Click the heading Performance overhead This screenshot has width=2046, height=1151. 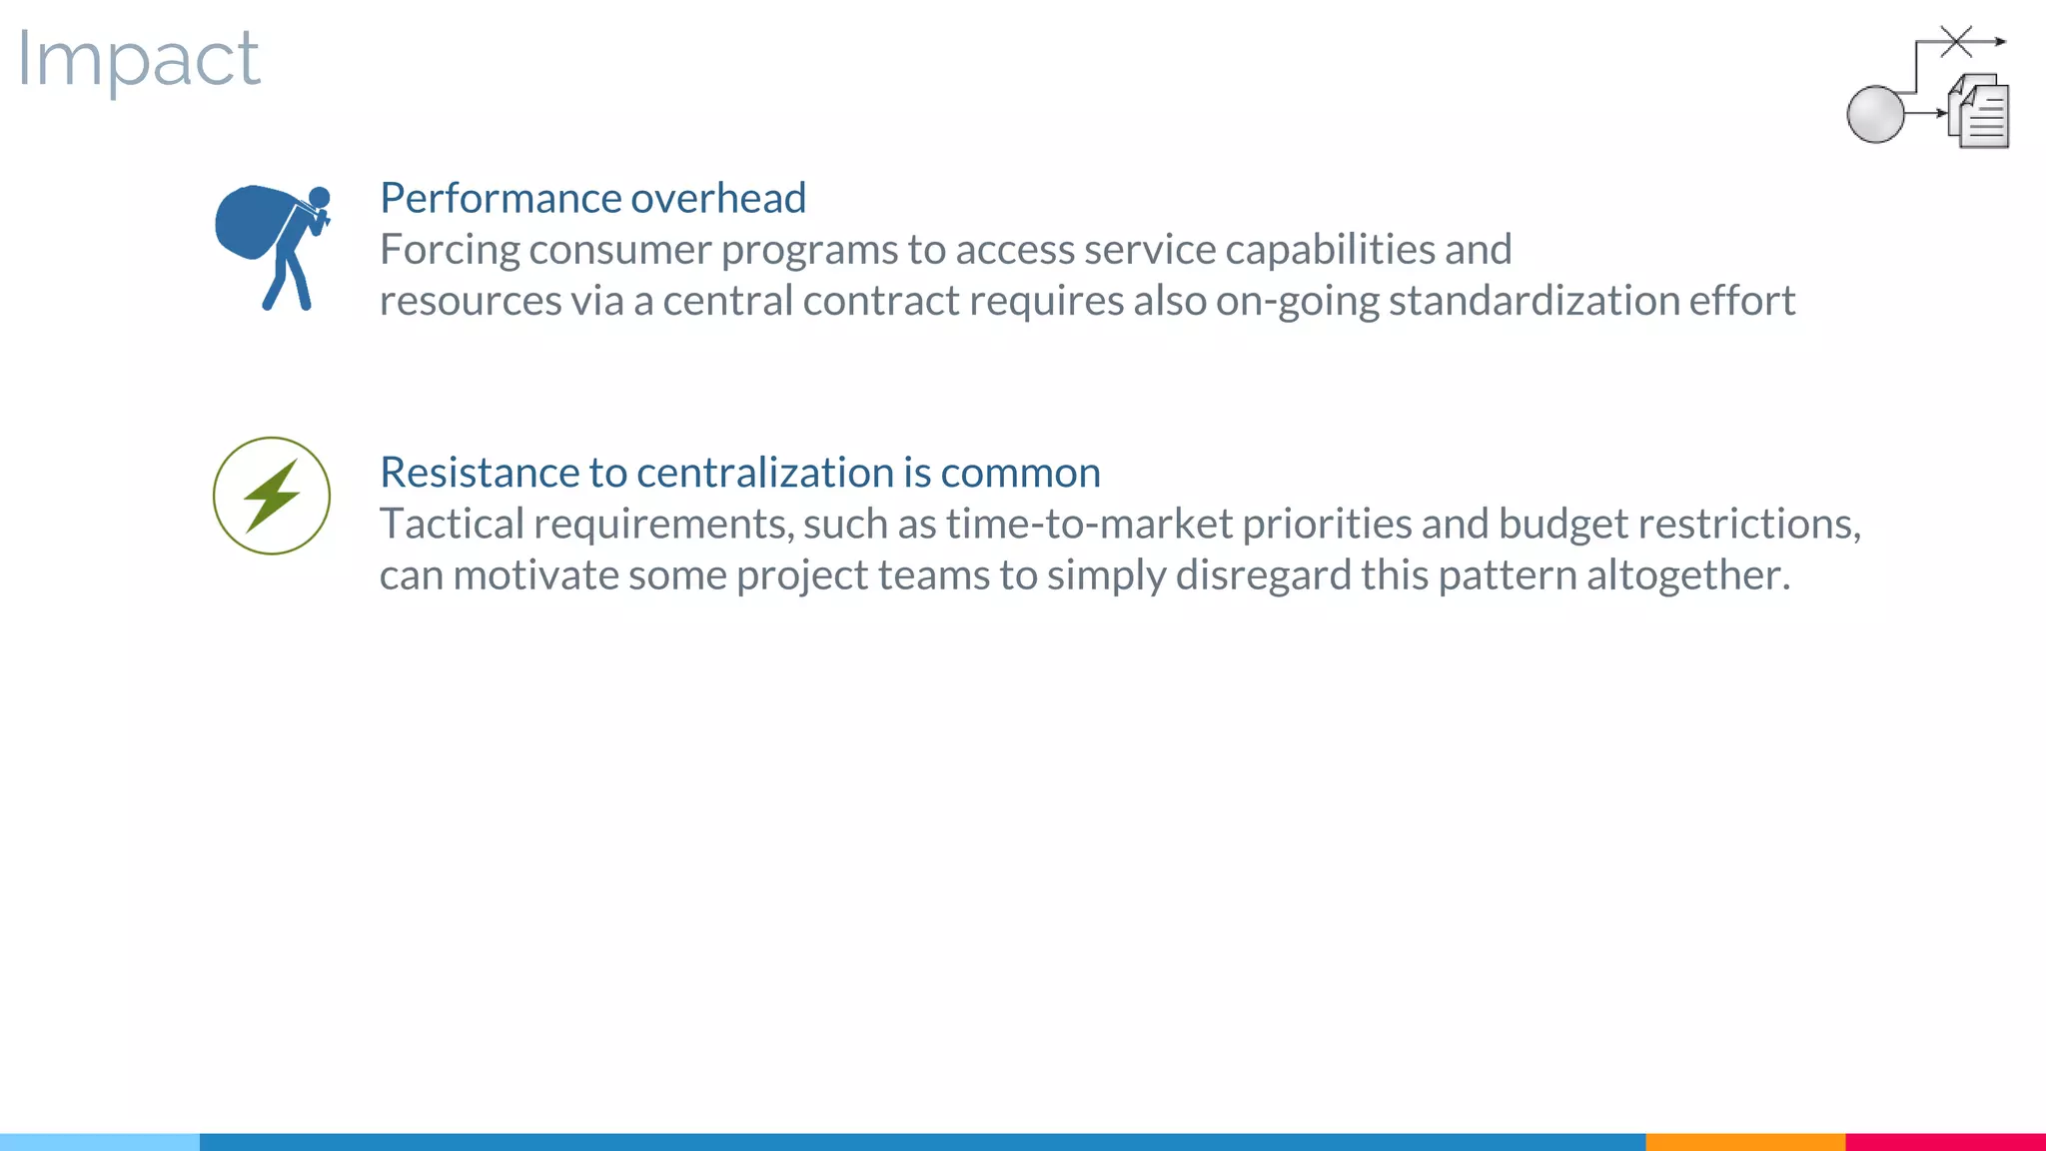[x=592, y=198]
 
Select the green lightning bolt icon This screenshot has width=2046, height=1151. [x=272, y=496]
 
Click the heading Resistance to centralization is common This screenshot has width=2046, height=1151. [x=739, y=473]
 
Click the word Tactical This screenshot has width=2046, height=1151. [x=452, y=525]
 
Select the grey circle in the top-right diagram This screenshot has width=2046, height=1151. [x=1875, y=114]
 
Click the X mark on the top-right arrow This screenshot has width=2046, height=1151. [x=1956, y=41]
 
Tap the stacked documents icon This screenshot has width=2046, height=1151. [x=1980, y=112]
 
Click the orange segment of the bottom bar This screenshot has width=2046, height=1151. [x=1744, y=1141]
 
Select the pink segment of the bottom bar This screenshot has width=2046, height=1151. [x=1945, y=1141]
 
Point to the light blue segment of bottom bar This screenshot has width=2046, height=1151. [x=100, y=1141]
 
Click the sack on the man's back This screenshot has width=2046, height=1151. [x=250, y=222]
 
